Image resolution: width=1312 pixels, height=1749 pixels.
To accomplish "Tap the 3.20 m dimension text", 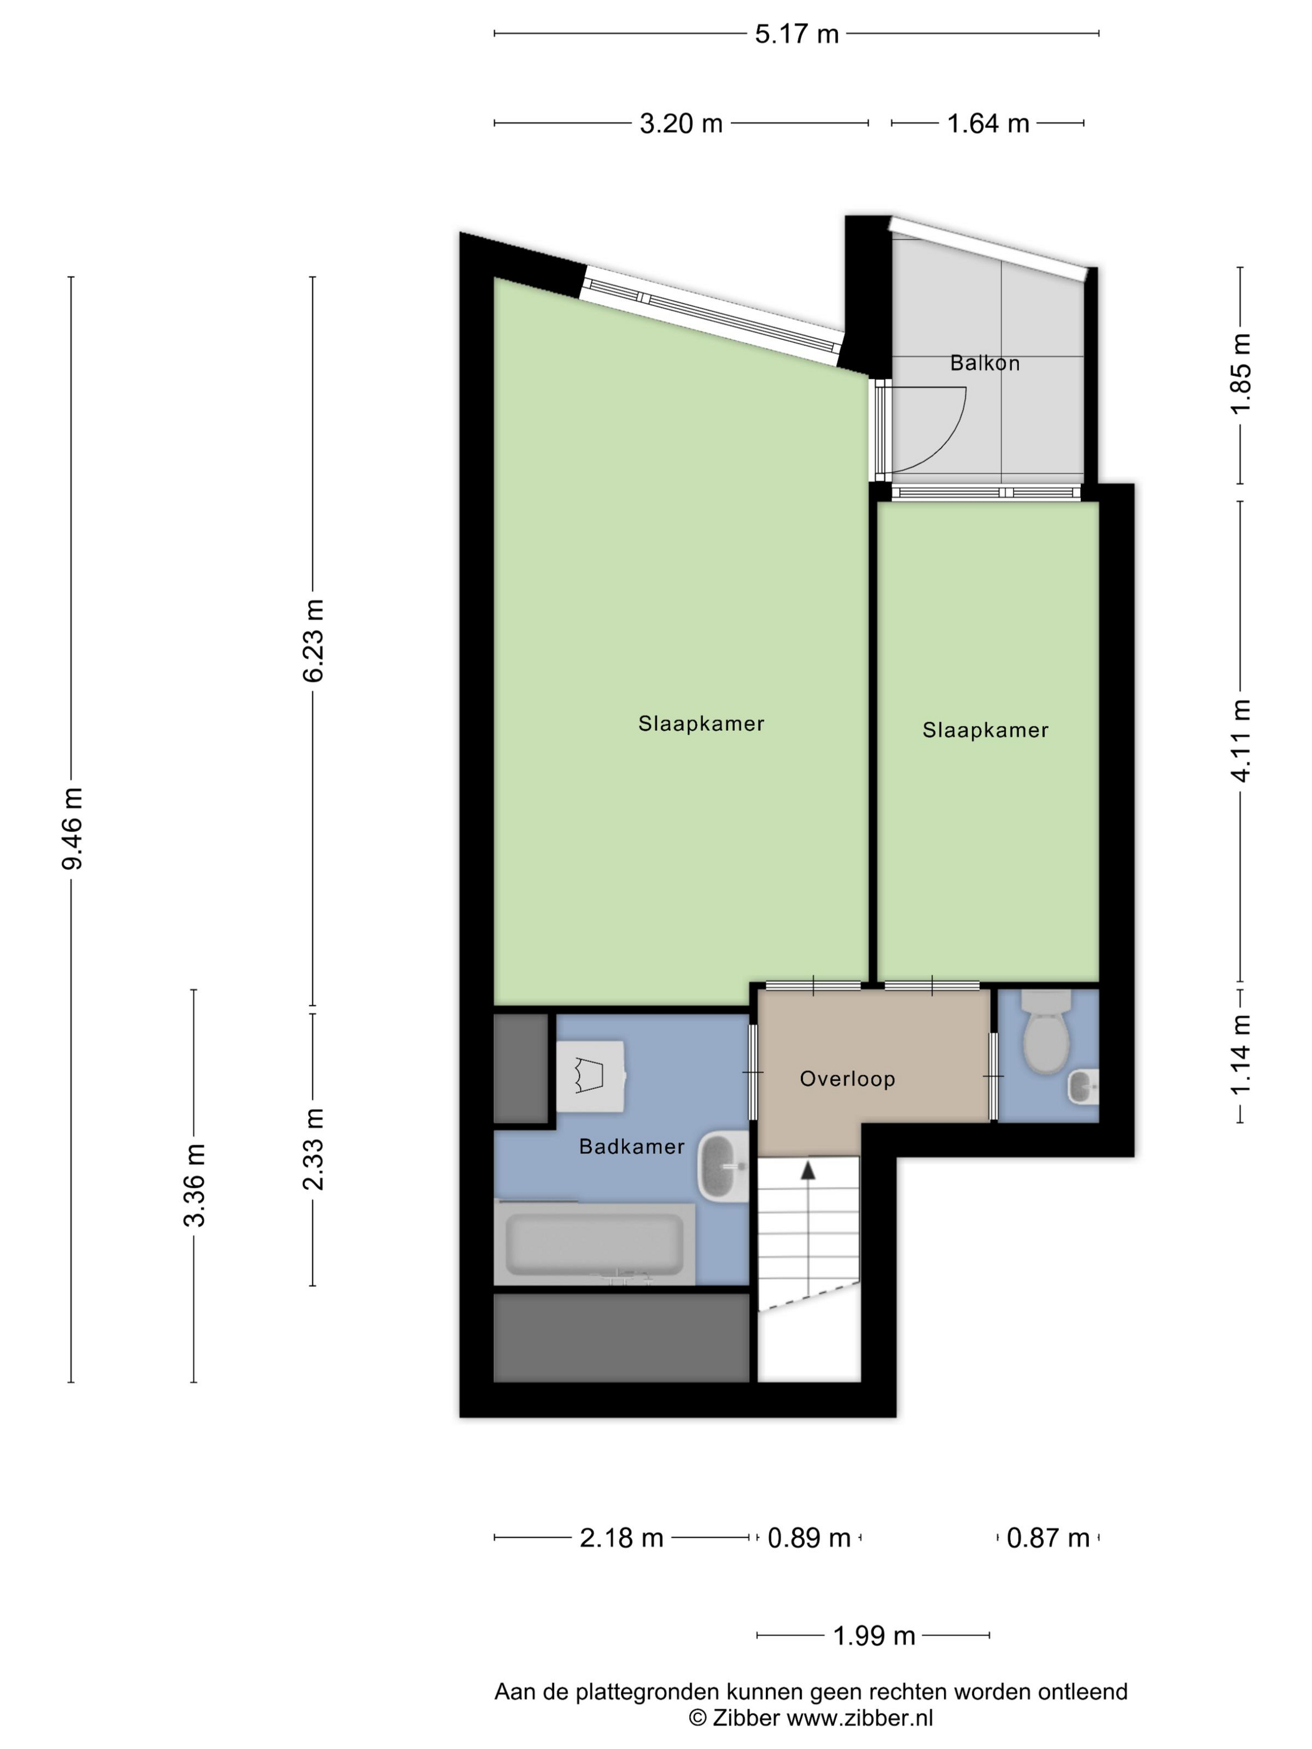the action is [x=681, y=123].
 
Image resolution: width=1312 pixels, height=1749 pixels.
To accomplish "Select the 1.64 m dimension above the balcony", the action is [x=988, y=123].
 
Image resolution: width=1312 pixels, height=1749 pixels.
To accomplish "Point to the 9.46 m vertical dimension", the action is [x=72, y=829].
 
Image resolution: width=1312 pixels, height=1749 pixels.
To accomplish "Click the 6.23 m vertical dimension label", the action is [x=313, y=640].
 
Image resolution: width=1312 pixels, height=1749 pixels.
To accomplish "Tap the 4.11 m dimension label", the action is [x=1240, y=741].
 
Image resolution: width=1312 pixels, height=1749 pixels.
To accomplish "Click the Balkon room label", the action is [x=985, y=363].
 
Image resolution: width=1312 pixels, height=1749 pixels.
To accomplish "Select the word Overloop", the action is [x=847, y=1079].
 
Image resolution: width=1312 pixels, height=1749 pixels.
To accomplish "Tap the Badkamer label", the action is [x=631, y=1146].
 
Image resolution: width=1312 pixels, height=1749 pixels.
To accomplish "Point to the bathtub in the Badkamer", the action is [x=595, y=1244].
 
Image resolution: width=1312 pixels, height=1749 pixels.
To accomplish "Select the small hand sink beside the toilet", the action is [x=1083, y=1086].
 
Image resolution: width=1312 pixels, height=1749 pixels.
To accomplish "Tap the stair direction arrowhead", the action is [x=807, y=1170].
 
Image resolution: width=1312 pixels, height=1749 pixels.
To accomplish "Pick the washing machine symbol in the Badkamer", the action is [x=591, y=1076].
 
